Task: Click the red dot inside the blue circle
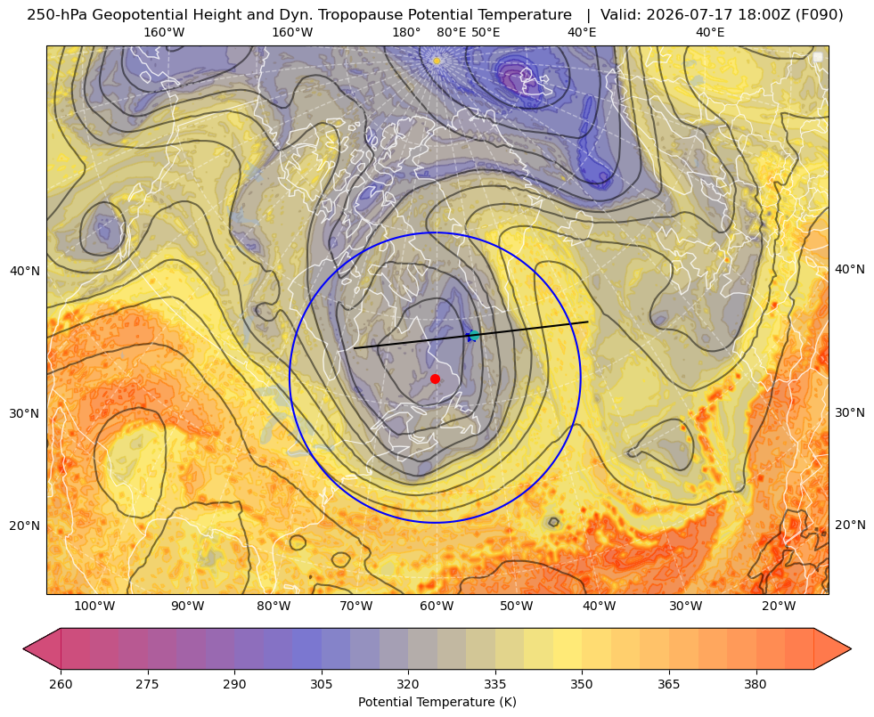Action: coord(436,379)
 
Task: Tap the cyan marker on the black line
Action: coord(473,336)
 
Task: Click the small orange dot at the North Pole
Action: coord(437,61)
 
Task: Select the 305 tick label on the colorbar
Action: coord(321,684)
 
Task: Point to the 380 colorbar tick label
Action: coord(756,684)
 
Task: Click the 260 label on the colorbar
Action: coord(61,684)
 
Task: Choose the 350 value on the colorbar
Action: coord(582,684)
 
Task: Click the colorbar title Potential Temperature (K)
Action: coord(437,702)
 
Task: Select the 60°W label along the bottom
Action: coord(437,607)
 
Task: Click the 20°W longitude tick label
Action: coord(779,607)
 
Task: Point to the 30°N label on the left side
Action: coord(25,413)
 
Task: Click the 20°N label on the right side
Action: coord(850,525)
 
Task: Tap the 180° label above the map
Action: coord(406,32)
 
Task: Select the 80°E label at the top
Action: coord(452,32)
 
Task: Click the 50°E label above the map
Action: coord(486,32)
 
